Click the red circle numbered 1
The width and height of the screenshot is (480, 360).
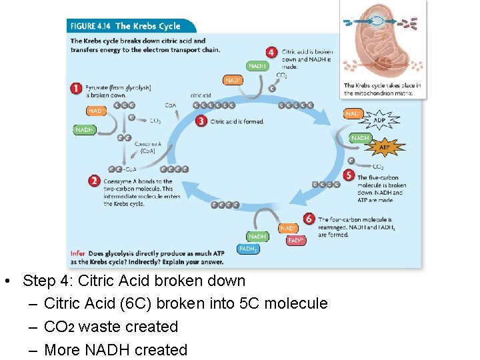click(x=77, y=87)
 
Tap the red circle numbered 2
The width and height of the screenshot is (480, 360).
click(x=95, y=180)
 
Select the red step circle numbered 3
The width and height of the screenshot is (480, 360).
click(x=201, y=121)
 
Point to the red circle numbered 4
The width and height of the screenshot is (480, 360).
click(x=271, y=52)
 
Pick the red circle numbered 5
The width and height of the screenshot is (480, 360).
click(x=349, y=175)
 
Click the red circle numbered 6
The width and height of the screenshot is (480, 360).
click(x=308, y=219)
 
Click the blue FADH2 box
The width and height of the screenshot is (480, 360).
click(x=249, y=249)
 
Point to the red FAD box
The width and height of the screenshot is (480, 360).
click(x=297, y=241)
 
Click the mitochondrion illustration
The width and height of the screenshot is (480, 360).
click(x=383, y=40)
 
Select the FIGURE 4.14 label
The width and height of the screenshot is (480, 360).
click(x=90, y=26)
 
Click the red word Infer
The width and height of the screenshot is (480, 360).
click(x=77, y=253)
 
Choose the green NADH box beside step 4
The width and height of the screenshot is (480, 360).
click(x=257, y=66)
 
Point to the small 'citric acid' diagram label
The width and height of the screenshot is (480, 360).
click(x=201, y=95)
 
